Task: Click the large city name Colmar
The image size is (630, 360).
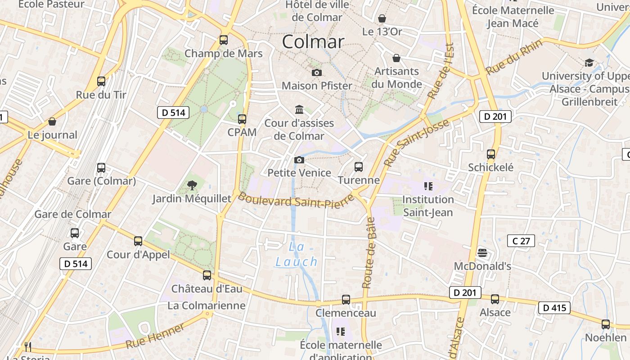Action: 313,42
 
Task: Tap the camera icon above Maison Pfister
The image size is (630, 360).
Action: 317,72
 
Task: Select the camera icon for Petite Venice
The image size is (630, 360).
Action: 299,160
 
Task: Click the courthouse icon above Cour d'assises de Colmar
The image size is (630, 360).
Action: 299,109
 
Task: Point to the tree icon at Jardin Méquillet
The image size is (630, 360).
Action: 192,185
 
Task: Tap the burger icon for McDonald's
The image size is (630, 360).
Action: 482,252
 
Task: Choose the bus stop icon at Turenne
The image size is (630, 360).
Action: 359,167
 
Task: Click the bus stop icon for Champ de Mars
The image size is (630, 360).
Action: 224,40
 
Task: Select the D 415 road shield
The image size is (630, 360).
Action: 554,308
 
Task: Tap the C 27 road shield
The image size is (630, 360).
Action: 521,241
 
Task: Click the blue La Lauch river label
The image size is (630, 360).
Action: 297,254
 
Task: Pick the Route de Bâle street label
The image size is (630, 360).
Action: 369,252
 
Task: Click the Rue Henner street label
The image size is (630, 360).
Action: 155,336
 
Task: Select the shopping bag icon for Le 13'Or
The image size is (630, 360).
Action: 382,18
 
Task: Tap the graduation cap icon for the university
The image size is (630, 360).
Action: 589,63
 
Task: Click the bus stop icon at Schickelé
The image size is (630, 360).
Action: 491,154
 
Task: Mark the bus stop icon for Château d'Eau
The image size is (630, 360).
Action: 207,275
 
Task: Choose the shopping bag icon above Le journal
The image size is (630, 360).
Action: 52,121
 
